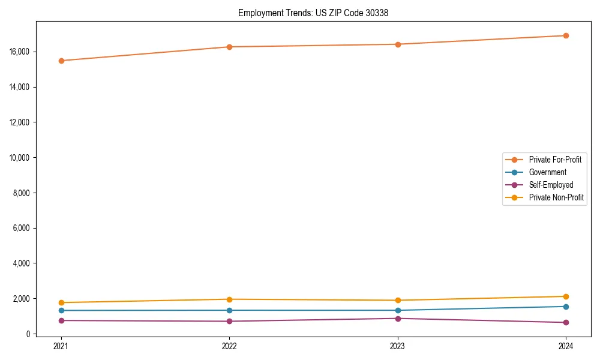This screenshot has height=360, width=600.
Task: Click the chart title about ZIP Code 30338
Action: pyautogui.click(x=313, y=13)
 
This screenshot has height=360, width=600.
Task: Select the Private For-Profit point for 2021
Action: pyautogui.click(x=61, y=61)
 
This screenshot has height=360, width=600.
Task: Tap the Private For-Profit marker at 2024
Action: pyautogui.click(x=566, y=35)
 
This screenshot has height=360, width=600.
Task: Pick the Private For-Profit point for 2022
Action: pyautogui.click(x=229, y=47)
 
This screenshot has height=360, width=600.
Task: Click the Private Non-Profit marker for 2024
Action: pyautogui.click(x=566, y=296)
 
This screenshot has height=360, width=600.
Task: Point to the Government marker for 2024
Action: pyautogui.click(x=566, y=307)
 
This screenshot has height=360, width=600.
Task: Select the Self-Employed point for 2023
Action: pyautogui.click(x=398, y=319)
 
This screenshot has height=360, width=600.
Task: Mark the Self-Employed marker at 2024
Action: pyautogui.click(x=566, y=323)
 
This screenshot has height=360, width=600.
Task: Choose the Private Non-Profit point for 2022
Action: pyautogui.click(x=229, y=299)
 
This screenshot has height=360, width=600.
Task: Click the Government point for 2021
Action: pyautogui.click(x=61, y=310)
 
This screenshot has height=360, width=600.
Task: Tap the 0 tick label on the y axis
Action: pyautogui.click(x=27, y=334)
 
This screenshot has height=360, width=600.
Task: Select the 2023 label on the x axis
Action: pyautogui.click(x=398, y=346)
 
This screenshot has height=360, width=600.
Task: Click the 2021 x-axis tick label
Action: pyautogui.click(x=61, y=346)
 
